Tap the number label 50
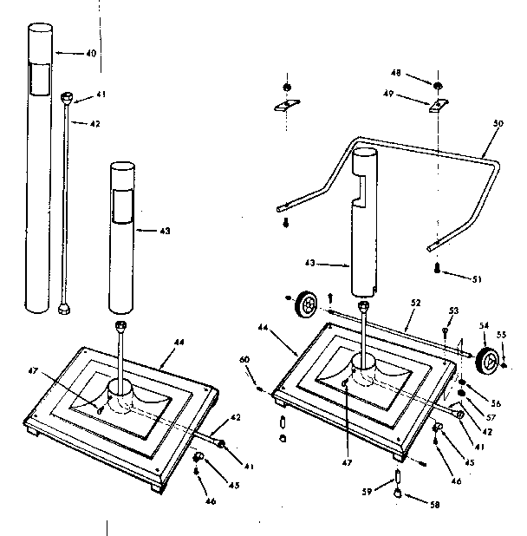(x=497, y=123)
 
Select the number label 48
(x=421, y=73)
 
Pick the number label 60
(x=244, y=359)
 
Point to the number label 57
(x=491, y=406)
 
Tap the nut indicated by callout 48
(x=439, y=86)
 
